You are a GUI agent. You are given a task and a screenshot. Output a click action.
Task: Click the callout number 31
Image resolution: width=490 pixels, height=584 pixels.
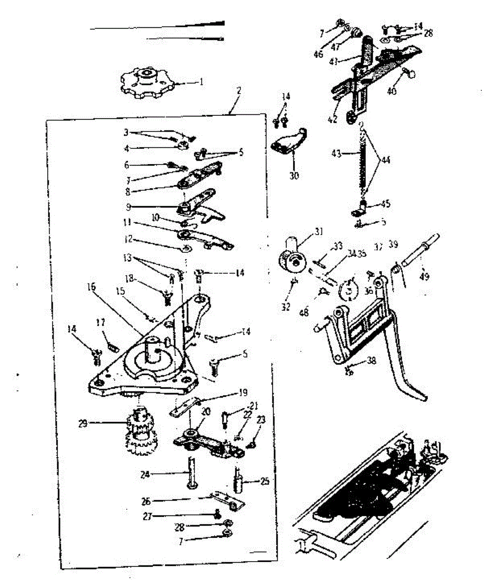click(x=319, y=233)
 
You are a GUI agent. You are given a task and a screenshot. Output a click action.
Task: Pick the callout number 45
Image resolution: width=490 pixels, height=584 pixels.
click(x=385, y=203)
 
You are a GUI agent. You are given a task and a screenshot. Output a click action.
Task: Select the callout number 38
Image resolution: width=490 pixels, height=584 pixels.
click(x=371, y=362)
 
